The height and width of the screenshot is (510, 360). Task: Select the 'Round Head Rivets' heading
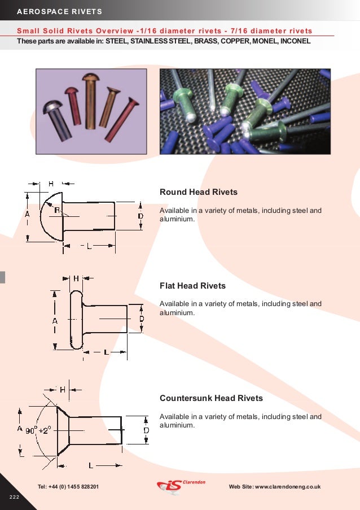point(199,192)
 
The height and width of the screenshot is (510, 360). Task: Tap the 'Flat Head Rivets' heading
point(192,286)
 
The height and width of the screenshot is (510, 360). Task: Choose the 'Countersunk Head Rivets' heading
point(212,398)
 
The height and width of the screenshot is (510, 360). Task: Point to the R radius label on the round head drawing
point(58,210)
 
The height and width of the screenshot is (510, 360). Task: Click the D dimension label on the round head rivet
point(141,216)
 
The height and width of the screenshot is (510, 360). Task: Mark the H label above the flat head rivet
point(76,278)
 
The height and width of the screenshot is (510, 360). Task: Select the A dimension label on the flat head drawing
point(55,320)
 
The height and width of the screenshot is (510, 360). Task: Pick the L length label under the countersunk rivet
point(91,464)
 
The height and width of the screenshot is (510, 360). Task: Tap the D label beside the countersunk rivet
point(146,430)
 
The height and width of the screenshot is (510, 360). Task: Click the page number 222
point(14,496)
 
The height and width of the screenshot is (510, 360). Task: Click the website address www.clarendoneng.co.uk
point(275,486)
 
